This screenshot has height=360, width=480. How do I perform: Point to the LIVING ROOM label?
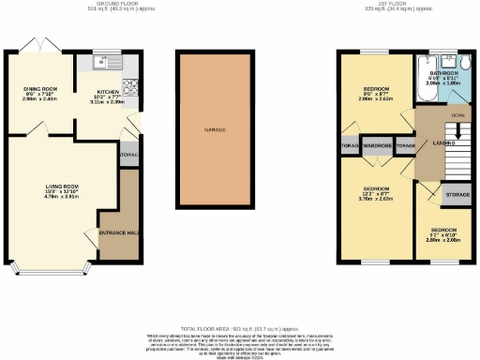tap(62, 187)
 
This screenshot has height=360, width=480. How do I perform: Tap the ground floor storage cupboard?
tap(128, 155)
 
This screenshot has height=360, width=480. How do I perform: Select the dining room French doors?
tap(41, 46)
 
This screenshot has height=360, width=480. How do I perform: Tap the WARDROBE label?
tap(377, 146)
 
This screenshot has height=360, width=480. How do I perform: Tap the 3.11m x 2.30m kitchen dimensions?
tap(109, 100)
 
